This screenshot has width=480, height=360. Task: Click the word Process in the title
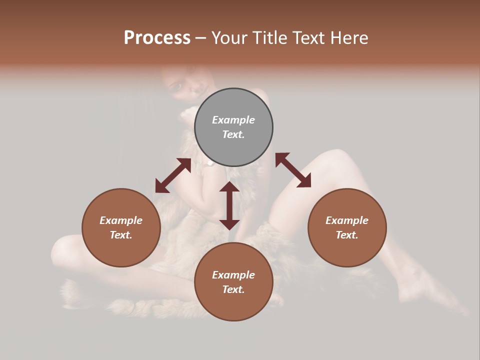pos(157,38)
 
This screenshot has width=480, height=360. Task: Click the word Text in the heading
pos(308,38)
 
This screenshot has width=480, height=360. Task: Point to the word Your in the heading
pos(229,38)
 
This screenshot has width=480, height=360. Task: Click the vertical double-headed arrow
pos(229,205)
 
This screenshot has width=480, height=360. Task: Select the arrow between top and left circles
pos(173,175)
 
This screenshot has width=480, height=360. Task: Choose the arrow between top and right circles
pos(293,170)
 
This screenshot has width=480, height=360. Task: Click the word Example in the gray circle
pos(233,120)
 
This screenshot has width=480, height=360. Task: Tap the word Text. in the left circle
pos(121,235)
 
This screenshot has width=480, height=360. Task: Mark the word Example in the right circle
pos(347,220)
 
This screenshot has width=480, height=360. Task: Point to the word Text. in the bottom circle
pos(233,289)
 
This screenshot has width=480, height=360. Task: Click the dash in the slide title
pos(200,38)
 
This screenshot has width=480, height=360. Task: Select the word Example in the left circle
pos(121,220)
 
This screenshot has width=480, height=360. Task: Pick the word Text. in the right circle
pos(347,235)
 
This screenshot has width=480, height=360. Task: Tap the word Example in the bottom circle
pos(233,275)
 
